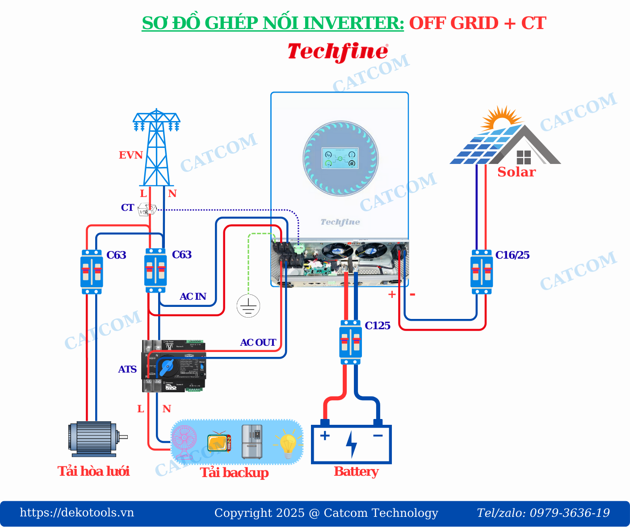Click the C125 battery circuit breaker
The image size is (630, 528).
tap(350, 342)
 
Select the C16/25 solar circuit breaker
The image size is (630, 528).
tap(481, 272)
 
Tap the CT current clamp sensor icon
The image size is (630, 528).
tap(147, 209)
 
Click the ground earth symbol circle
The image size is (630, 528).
tap(248, 306)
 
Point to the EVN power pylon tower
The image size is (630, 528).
tap(156, 147)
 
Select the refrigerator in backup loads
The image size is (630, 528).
tap(252, 442)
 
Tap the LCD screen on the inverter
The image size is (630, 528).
tap(340, 159)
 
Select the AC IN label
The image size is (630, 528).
tap(193, 297)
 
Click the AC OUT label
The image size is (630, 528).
tap(258, 343)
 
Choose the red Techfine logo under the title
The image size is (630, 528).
tap(338, 52)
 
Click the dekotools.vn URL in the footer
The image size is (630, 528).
tap(77, 512)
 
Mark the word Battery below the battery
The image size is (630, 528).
tap(356, 472)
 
